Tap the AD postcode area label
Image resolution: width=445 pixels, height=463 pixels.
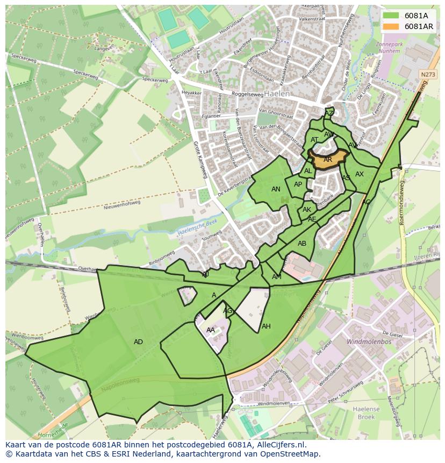[x=138, y=342]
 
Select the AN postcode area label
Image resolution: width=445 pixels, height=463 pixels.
[x=276, y=189]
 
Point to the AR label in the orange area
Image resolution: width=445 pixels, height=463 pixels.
[x=328, y=160]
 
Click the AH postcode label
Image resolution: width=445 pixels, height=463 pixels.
[x=266, y=326]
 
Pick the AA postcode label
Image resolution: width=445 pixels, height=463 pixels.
[x=211, y=330]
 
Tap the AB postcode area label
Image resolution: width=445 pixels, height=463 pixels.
[x=302, y=244]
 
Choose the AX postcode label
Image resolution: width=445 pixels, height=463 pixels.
[x=360, y=174]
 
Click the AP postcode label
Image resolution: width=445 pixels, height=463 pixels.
[x=298, y=184]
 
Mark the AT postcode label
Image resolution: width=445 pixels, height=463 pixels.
[x=314, y=140]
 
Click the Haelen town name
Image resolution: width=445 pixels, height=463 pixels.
[x=277, y=94]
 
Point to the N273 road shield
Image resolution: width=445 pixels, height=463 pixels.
[x=428, y=75]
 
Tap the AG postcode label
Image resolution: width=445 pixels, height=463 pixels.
[x=228, y=311]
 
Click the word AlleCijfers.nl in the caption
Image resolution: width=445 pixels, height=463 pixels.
[x=281, y=445]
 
